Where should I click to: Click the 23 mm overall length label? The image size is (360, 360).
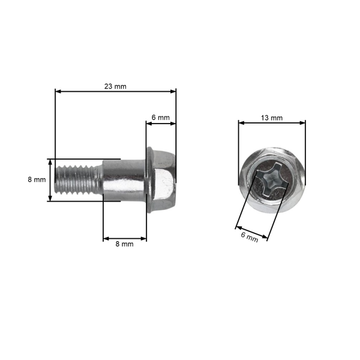point(115,86)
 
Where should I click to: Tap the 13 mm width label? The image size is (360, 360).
point(272,118)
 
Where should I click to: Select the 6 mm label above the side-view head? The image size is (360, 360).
point(160,118)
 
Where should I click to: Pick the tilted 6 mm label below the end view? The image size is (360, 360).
point(249,237)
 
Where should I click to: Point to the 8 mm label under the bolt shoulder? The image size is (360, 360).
point(124,245)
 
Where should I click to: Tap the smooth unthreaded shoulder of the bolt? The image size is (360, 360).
point(123,180)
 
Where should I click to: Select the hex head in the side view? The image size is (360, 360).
point(164,180)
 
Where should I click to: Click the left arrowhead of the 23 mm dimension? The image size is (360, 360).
point(58,92)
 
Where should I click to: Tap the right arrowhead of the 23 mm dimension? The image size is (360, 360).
point(174,92)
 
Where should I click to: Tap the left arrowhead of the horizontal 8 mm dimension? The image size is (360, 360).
point(106,239)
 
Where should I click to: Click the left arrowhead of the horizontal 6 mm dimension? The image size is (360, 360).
point(149,124)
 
